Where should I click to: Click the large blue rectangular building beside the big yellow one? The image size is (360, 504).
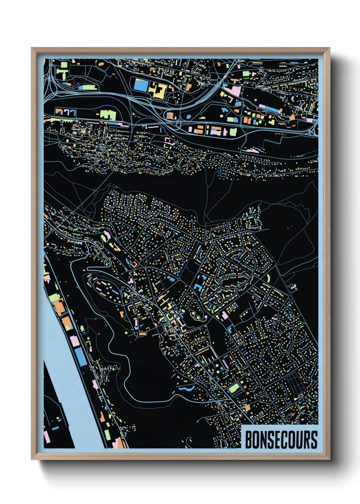[x=140, y=85]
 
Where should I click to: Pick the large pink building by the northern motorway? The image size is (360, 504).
[x=236, y=91]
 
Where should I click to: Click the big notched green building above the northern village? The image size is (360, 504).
[x=108, y=114]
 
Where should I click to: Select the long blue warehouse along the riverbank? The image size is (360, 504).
[x=81, y=357]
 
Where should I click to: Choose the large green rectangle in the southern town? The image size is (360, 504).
[x=234, y=388]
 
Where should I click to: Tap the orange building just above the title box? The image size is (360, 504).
[x=247, y=408]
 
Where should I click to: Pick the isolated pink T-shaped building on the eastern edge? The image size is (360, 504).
[x=293, y=287]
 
